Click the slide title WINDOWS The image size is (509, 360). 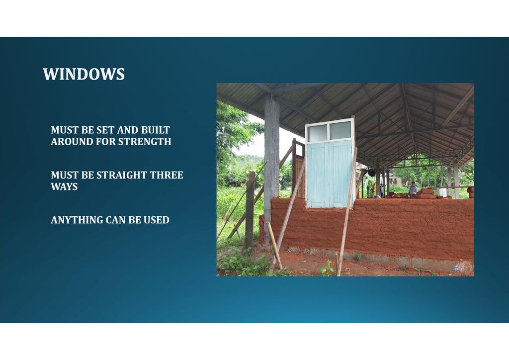click(84, 74)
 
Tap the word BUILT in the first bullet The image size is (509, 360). click(155, 130)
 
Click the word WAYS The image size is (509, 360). click(64, 186)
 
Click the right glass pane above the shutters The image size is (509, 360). click(340, 130)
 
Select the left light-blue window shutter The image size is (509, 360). click(318, 175)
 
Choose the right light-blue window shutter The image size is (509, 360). click(340, 173)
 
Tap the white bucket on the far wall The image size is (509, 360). click(443, 192)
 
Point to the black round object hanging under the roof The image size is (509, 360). click(372, 173)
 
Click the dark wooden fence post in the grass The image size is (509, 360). click(250, 210)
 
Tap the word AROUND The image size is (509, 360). click(72, 142)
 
